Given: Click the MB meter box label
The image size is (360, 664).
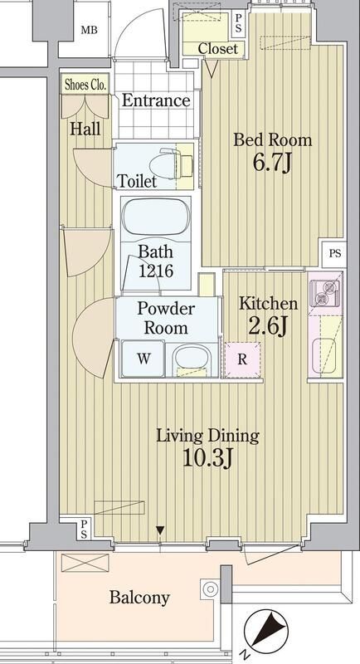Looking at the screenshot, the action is [x=90, y=30].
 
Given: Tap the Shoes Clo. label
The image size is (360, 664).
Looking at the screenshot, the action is [x=86, y=85].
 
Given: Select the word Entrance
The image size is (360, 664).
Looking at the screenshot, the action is [x=156, y=100].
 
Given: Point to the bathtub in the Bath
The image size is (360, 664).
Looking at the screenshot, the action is [x=156, y=217].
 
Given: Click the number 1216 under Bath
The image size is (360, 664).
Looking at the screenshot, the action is [x=156, y=271].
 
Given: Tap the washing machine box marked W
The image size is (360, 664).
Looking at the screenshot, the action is [x=144, y=359].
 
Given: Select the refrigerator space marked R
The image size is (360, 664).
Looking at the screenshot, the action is [x=242, y=359].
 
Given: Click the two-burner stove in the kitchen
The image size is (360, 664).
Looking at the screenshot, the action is [x=325, y=293].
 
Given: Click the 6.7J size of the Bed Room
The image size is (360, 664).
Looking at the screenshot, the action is [x=272, y=163].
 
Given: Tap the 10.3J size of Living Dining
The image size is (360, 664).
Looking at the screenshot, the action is [x=208, y=457].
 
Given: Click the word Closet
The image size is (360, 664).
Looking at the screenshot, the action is [x=218, y=49].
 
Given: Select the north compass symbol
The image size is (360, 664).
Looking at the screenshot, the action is [x=265, y=632].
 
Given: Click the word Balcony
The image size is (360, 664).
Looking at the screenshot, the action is [x=139, y=598].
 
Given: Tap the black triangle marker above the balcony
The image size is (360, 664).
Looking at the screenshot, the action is [x=160, y=530].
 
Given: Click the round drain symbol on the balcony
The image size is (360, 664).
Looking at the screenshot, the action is [x=210, y=588].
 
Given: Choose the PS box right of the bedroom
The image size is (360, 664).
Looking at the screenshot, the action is [x=334, y=254].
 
